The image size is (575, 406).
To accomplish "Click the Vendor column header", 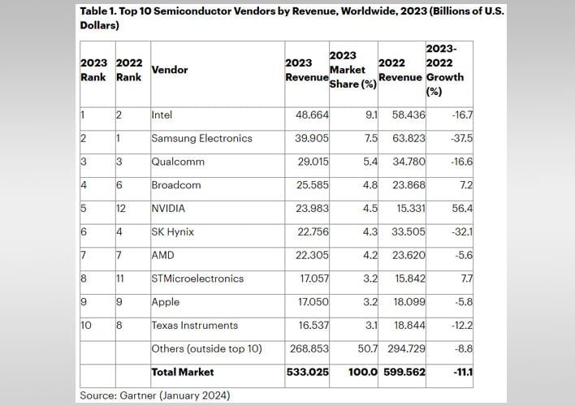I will [x=170, y=70].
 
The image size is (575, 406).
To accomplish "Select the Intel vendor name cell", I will [x=162, y=114].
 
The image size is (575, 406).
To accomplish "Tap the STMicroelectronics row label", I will [x=197, y=279].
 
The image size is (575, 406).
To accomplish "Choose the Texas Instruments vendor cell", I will [x=194, y=325].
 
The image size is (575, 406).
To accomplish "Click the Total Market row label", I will [x=183, y=372].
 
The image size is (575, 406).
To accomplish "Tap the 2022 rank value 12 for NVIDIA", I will [x=123, y=208].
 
